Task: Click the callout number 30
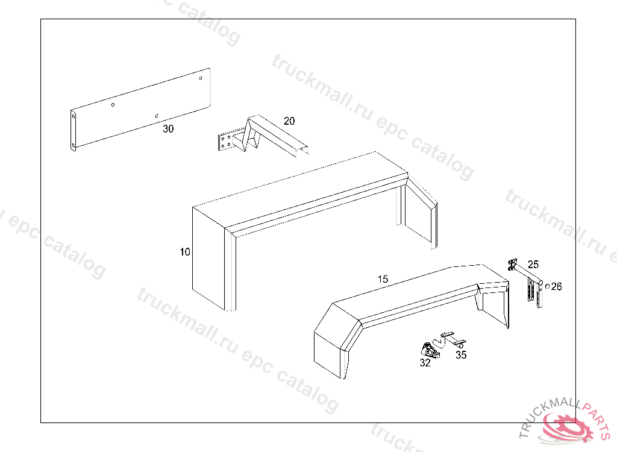coord(168,128)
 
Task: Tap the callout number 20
coord(289,121)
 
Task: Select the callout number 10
coord(185,252)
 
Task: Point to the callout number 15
coord(383,279)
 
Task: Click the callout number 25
coord(533,264)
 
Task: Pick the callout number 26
coord(556,287)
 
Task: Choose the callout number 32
coord(425,363)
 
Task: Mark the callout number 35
coord(461,355)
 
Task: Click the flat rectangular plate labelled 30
coord(139,108)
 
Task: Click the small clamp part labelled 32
coord(429,350)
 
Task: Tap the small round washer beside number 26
coord(547,286)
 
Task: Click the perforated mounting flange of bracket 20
coord(227,142)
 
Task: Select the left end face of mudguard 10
coord(208,256)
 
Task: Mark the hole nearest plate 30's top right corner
coord(201,77)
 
